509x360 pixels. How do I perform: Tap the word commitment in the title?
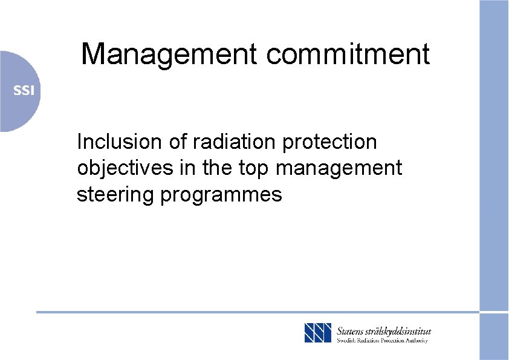348,54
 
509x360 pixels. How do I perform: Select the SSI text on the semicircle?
25,91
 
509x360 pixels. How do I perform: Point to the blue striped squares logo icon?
318,333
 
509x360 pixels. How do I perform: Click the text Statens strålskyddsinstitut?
384,331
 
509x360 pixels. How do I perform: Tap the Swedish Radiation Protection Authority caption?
382,341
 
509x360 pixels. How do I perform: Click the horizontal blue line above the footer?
242,312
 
